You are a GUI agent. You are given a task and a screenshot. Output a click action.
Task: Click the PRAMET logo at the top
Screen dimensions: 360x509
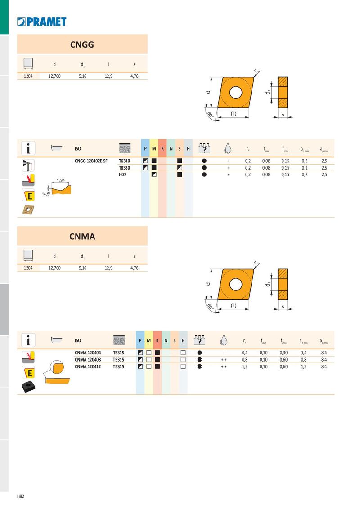click(41, 22)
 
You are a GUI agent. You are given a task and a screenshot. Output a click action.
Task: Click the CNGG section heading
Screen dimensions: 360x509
click(82, 45)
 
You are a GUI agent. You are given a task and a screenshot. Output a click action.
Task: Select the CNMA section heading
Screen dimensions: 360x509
click(82, 237)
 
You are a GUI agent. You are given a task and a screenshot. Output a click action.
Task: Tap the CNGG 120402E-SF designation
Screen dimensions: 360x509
click(91, 161)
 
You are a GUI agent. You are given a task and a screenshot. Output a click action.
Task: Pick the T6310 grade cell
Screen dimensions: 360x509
click(124, 161)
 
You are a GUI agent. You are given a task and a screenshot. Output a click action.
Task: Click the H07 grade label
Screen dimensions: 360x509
click(122, 174)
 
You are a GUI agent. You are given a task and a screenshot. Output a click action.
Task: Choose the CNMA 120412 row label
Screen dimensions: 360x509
click(88, 366)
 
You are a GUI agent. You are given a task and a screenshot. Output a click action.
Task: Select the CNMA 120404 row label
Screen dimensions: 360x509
click(88, 353)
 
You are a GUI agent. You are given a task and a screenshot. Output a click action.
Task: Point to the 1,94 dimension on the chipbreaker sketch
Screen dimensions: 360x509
click(61, 180)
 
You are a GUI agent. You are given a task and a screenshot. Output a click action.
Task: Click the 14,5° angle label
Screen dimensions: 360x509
click(46, 194)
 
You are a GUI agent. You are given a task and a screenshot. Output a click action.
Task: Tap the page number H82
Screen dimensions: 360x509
click(20, 496)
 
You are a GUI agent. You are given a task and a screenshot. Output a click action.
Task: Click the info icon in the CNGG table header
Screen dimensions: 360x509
click(28, 148)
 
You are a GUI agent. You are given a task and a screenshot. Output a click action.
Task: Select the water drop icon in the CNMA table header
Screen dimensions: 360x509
click(224, 340)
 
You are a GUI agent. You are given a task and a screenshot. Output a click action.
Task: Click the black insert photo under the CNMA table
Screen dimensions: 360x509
click(28, 386)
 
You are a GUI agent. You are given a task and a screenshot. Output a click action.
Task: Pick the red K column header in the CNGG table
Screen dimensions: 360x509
click(162, 149)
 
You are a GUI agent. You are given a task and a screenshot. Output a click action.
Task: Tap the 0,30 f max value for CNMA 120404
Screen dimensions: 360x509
click(283, 353)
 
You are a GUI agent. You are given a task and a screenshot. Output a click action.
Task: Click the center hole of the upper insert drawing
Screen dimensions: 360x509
click(236, 93)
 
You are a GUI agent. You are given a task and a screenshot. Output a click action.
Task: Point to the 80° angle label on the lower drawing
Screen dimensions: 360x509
click(210, 306)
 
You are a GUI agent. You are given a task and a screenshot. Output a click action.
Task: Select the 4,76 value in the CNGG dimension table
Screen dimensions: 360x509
click(134, 76)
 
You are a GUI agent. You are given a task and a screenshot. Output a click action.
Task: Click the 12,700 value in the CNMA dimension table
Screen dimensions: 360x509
click(54, 268)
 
